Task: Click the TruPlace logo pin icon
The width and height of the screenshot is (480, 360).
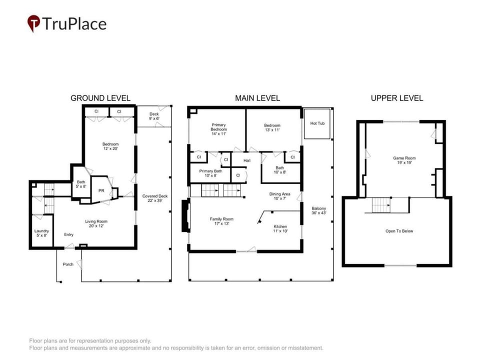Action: [33, 23]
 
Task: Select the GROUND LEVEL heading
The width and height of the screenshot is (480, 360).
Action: [100, 98]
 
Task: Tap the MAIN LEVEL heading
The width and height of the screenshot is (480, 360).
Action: [257, 98]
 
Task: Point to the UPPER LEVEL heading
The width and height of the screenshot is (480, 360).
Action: [396, 98]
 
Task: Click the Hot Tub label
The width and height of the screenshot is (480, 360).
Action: [317, 123]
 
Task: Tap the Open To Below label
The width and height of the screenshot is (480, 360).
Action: [399, 231]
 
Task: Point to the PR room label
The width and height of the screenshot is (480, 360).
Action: [101, 190]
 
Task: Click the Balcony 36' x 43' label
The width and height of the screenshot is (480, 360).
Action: [318, 210]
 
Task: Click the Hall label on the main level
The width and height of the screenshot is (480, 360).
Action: [247, 160]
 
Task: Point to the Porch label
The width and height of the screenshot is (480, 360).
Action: [68, 264]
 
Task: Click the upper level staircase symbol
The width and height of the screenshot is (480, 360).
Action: [381, 205]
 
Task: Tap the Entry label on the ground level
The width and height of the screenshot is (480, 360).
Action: [68, 235]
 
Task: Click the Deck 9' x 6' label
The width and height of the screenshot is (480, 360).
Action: [154, 116]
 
